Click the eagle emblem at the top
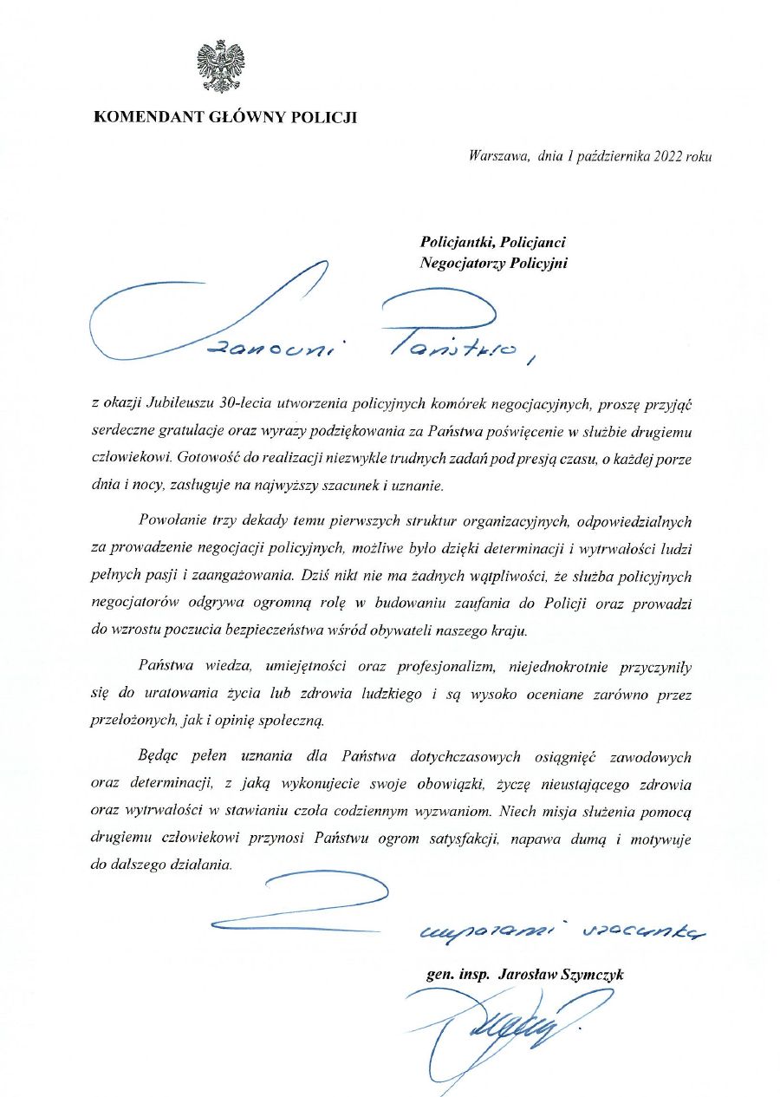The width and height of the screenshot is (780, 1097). tap(220, 67)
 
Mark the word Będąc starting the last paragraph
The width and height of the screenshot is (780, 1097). tap(157, 757)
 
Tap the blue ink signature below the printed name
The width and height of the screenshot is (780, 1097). tap(503, 1028)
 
